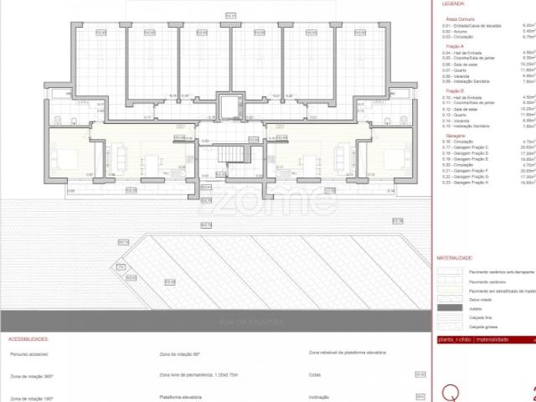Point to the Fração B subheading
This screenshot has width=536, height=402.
pos(448,90)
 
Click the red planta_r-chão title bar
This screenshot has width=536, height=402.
pos(486,339)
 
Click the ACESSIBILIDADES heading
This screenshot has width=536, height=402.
pos(28,340)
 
